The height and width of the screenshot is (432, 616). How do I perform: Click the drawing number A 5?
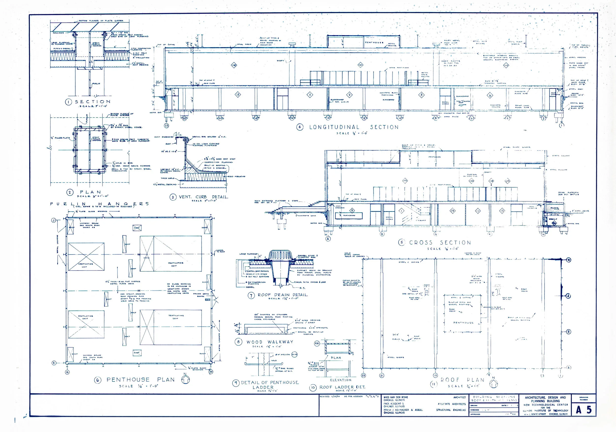click(x=584, y=410)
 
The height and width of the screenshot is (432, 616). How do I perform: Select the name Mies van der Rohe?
click(x=395, y=397)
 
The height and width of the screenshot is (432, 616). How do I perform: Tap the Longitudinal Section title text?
click(x=354, y=127)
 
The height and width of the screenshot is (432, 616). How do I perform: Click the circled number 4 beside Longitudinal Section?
click(x=300, y=127)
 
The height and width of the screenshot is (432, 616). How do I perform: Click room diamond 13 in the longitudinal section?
click(x=238, y=95)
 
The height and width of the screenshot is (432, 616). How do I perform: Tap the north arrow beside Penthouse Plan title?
click(x=185, y=380)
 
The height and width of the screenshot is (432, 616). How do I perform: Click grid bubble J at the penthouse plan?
click(x=54, y=220)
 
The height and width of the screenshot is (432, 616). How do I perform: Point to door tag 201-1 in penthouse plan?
click(x=207, y=300)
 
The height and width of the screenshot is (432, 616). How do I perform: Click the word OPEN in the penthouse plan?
click(x=147, y=258)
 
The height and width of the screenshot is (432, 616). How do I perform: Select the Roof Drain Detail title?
click(x=283, y=295)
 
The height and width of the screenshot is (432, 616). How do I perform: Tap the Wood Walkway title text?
click(x=270, y=342)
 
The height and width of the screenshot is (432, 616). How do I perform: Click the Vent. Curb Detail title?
click(x=203, y=197)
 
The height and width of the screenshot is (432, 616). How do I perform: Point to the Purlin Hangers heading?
click(x=99, y=204)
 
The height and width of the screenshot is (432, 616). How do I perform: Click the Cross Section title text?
click(x=440, y=242)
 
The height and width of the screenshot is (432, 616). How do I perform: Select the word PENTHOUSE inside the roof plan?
click(x=463, y=323)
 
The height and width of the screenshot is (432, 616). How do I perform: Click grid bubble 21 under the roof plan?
click(x=381, y=375)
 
